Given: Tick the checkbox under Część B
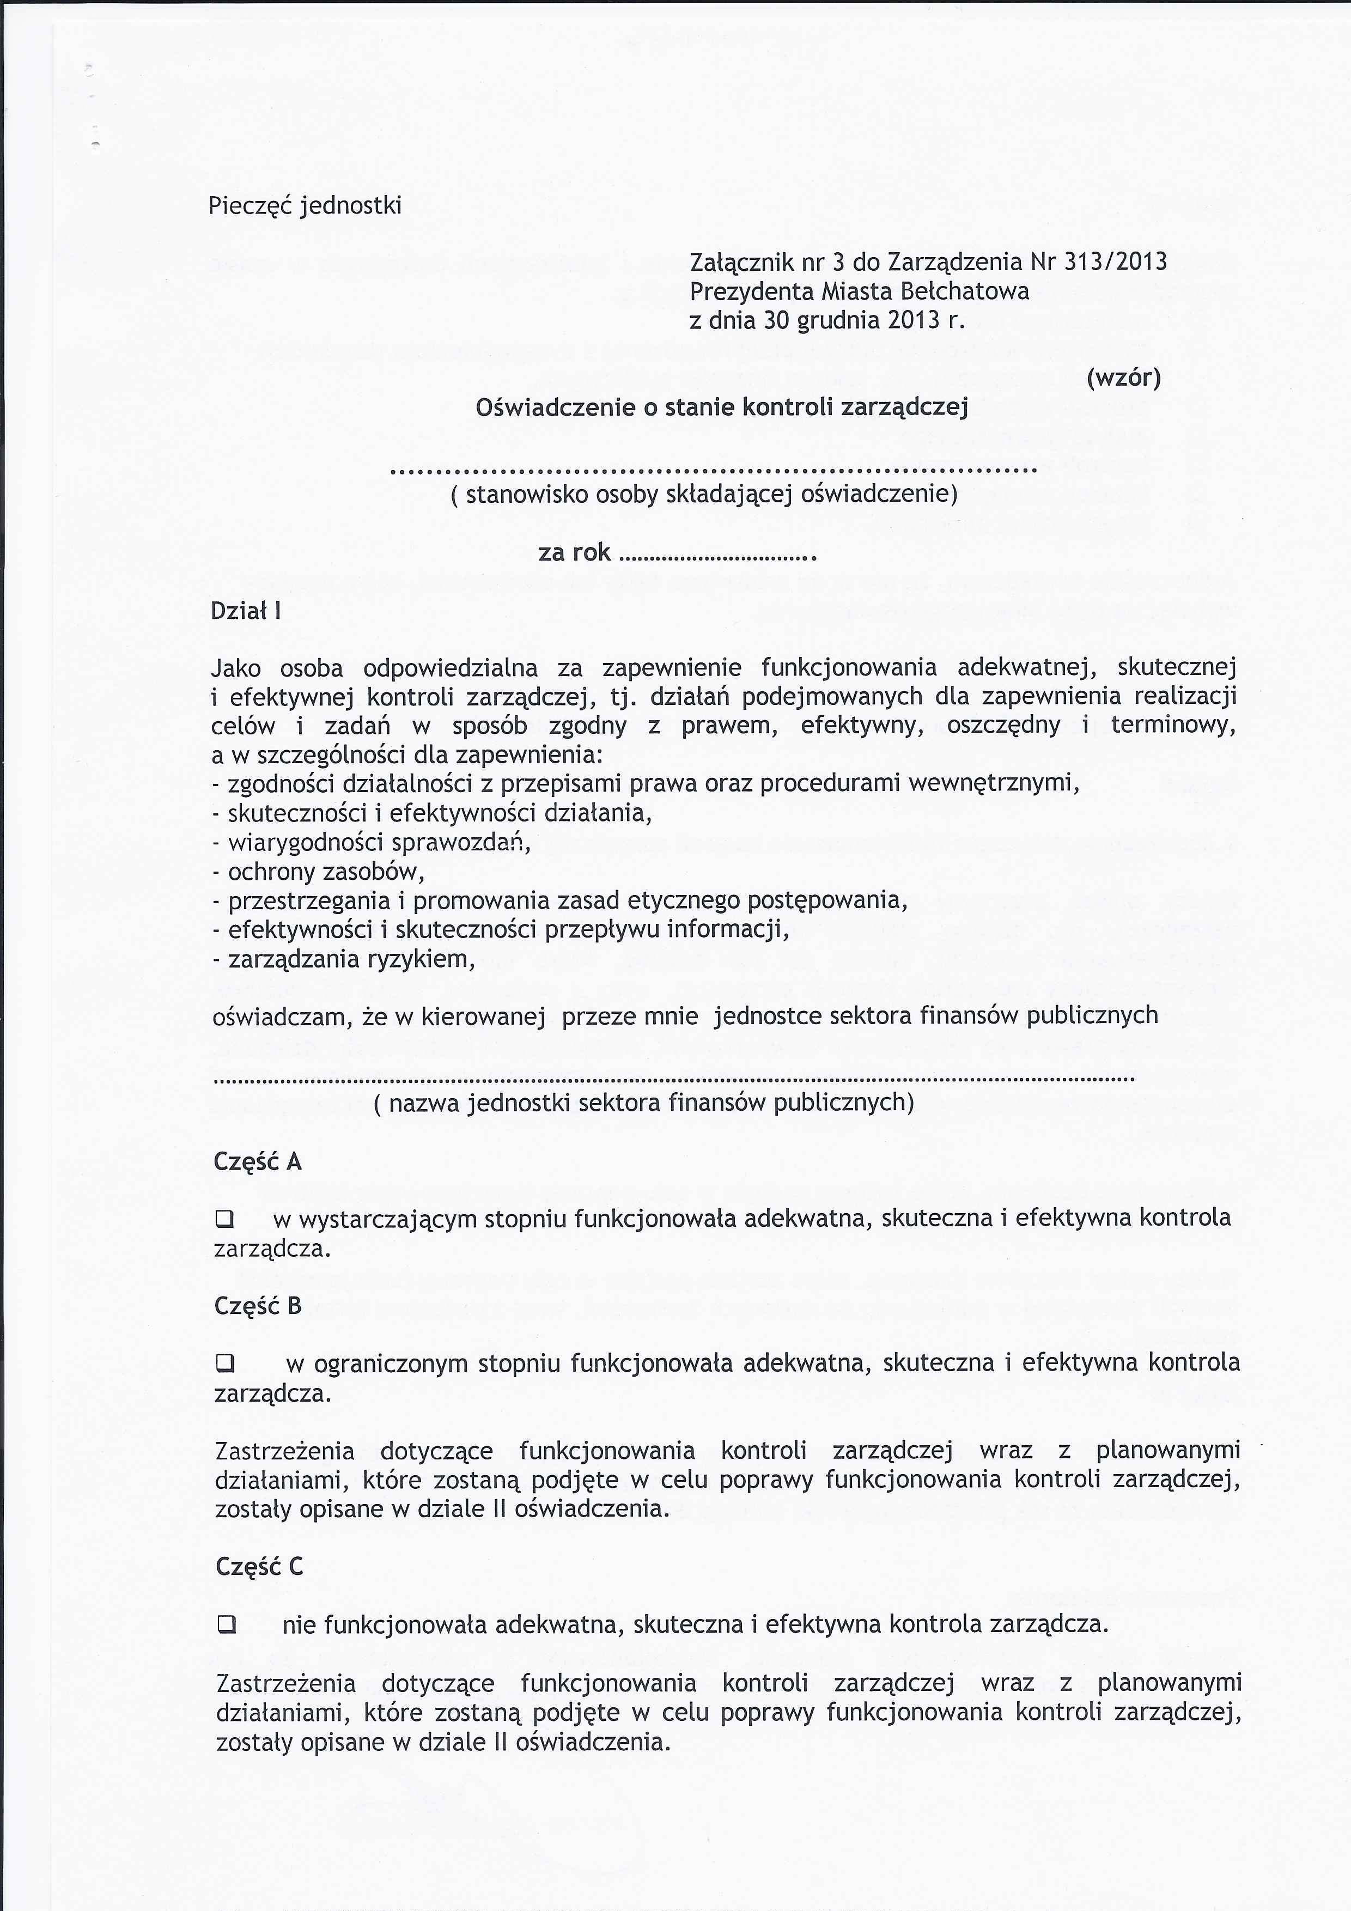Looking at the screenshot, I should click(x=225, y=1364).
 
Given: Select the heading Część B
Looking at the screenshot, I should click(x=258, y=1305).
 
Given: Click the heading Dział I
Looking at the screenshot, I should click(x=246, y=611).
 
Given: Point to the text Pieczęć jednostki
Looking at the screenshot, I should click(x=305, y=205).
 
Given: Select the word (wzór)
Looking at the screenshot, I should click(x=1123, y=378).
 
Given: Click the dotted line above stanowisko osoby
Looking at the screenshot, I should click(x=714, y=471).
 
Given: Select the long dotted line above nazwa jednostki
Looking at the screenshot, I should click(x=674, y=1080).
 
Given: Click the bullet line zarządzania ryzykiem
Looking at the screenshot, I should click(x=344, y=960).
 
